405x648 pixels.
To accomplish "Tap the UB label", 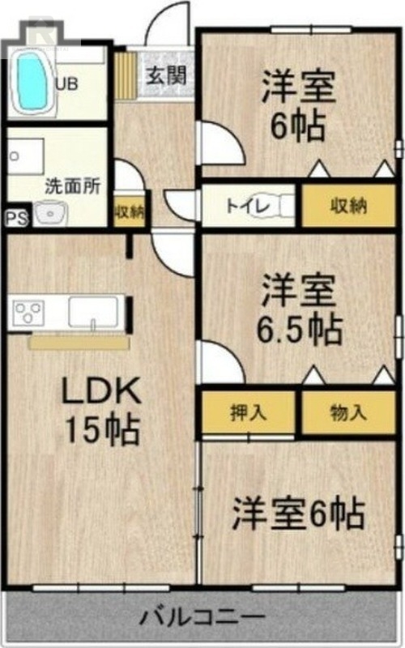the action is [66, 84].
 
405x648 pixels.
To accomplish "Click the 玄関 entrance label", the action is [167, 75].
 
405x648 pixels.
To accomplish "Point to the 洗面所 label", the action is [73, 186].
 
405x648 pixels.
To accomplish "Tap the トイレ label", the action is [248, 206].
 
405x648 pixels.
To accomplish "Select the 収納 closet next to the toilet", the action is [349, 206].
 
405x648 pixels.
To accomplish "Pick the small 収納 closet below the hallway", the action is [130, 211].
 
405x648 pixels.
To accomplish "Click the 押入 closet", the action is [249, 412].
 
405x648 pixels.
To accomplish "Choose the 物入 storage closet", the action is [349, 412].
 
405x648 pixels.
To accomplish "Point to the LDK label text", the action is [101, 390].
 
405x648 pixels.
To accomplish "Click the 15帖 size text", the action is [102, 430].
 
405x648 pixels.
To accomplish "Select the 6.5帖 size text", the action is [300, 330].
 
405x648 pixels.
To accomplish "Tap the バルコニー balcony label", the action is [202, 617].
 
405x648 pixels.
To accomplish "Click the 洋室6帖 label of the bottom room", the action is [298, 514].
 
